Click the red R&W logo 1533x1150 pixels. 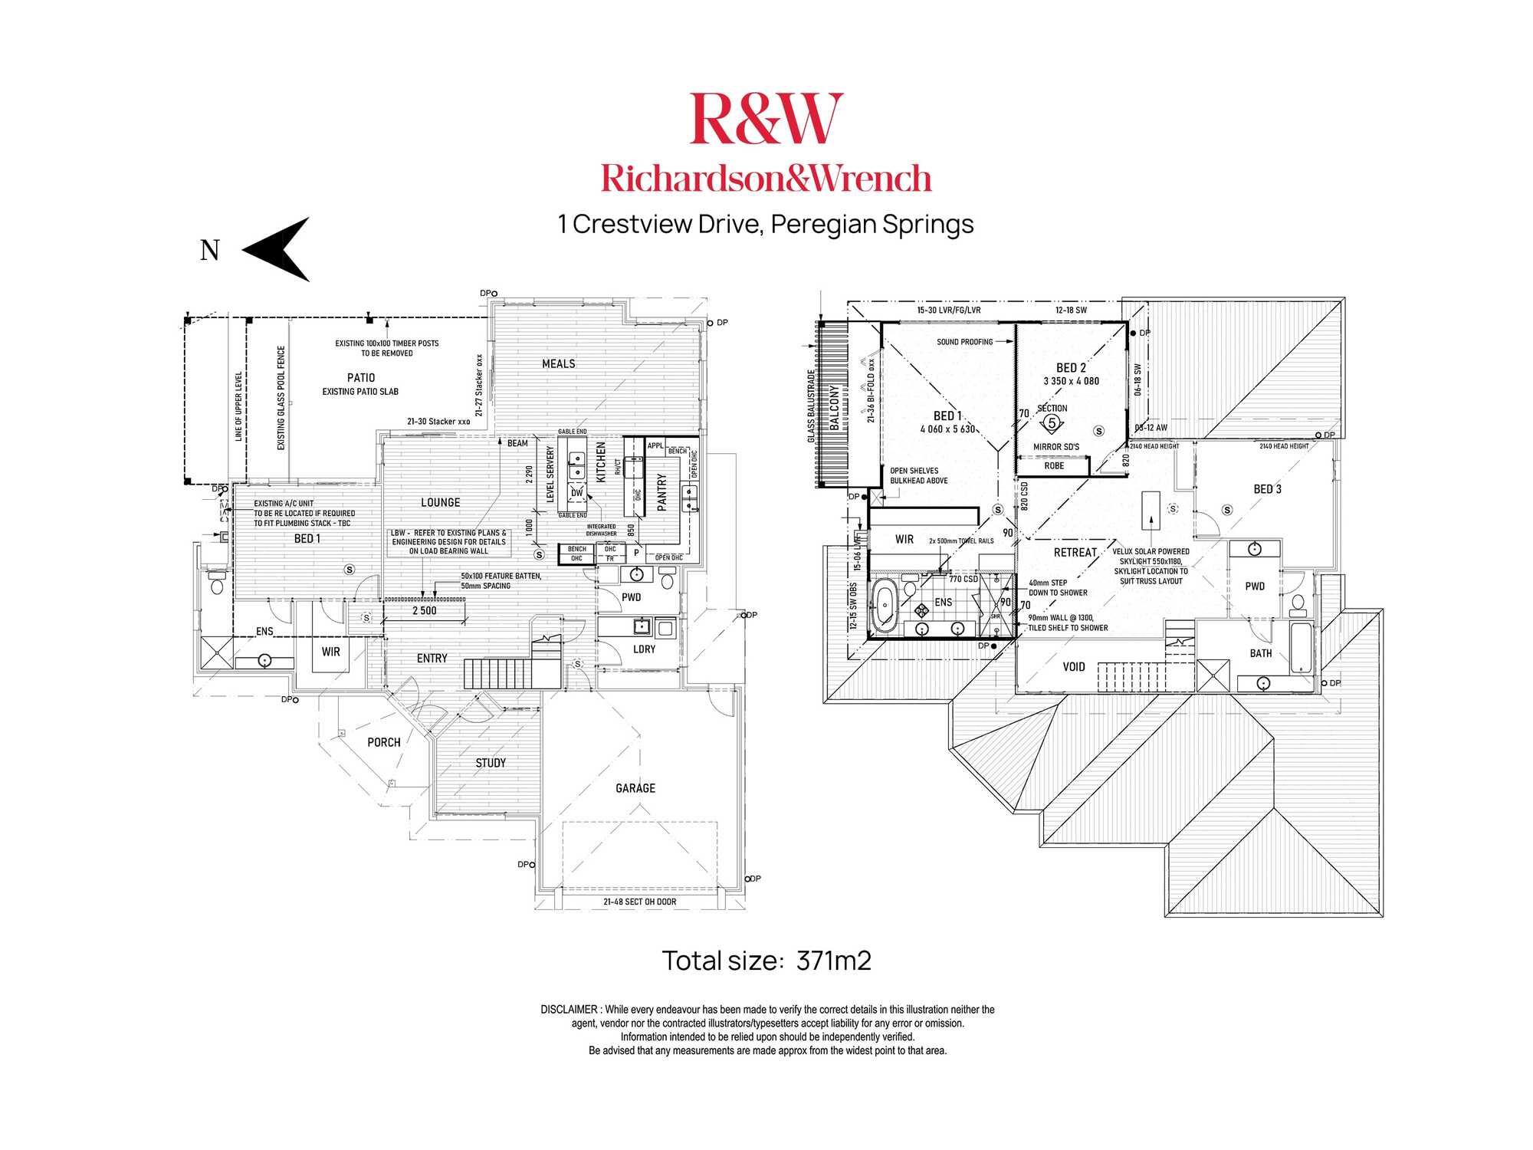click(766, 118)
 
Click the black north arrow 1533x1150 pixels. click(277, 249)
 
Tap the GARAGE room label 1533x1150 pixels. click(635, 788)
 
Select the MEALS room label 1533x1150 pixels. click(558, 364)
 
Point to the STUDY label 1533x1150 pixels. click(491, 763)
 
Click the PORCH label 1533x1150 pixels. click(383, 742)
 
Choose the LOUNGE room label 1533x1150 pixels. click(440, 503)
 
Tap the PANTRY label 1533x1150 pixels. click(662, 491)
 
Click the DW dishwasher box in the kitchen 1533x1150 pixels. click(576, 493)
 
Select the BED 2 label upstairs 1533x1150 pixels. click(1071, 368)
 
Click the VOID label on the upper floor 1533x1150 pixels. click(1074, 667)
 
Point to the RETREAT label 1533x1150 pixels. click(1075, 553)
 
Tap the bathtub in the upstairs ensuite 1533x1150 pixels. click(885, 605)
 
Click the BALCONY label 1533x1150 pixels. click(835, 406)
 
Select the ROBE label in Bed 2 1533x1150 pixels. click(1054, 466)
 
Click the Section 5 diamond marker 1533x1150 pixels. click(1052, 423)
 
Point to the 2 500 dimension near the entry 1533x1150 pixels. click(424, 611)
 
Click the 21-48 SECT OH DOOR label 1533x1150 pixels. click(639, 902)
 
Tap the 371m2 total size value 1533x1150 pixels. click(833, 961)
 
